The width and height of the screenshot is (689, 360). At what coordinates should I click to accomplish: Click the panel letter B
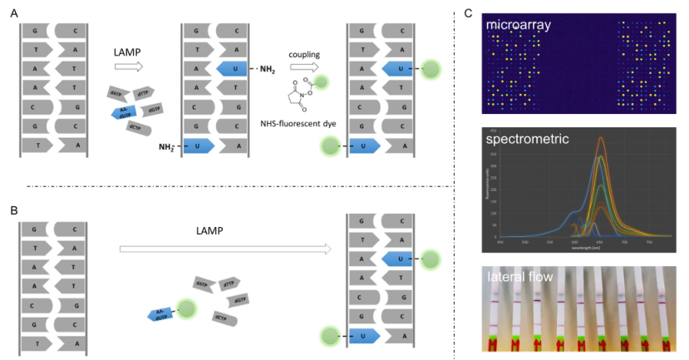tap(14, 210)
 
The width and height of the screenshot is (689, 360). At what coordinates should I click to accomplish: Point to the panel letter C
tap(469, 15)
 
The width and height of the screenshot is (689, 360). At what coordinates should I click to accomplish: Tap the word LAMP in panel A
tap(128, 52)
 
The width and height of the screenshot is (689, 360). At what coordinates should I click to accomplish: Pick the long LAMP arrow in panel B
tap(224, 248)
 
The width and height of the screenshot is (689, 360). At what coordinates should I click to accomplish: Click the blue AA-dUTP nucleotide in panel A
tap(124, 113)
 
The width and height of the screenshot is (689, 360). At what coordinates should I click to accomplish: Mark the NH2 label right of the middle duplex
tap(267, 69)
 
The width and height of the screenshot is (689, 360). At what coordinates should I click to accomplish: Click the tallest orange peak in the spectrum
tap(600, 138)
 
